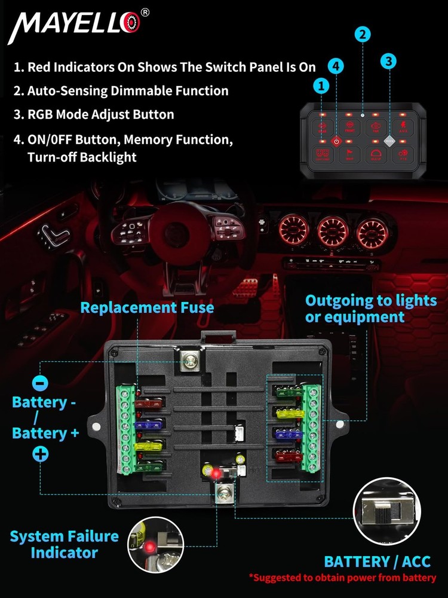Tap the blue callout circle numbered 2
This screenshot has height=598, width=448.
[x=363, y=35]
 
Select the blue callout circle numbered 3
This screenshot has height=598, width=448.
[x=389, y=61]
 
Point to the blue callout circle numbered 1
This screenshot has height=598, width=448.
[x=322, y=86]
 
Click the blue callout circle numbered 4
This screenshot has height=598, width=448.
[x=336, y=67]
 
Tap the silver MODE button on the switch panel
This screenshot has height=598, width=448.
[x=389, y=142]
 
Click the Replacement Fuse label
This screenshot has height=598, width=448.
[x=147, y=307]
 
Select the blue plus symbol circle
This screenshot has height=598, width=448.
[x=40, y=454]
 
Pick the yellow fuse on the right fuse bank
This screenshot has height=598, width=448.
[x=289, y=413]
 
